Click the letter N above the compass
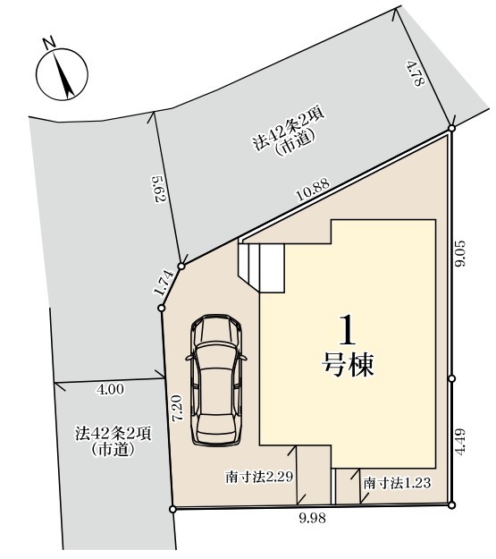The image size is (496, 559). click(49, 43)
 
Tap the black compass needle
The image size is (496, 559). click(63, 74)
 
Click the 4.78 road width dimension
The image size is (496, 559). click(416, 73)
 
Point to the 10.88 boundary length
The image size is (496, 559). click(313, 191)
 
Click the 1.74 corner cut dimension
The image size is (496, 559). click(164, 284)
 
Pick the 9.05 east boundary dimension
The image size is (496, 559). click(460, 253)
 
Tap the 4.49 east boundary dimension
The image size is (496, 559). click(460, 441)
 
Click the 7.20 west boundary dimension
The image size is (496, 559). click(178, 408)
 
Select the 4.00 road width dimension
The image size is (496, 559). click(111, 389)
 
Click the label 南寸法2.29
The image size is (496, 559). click(259, 477)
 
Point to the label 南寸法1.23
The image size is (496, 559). click(397, 483)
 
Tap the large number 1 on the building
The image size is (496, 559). click(348, 330)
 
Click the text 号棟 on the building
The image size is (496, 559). click(348, 365)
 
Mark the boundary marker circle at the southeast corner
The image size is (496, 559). click(451, 504)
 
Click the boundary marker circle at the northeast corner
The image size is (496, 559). click(451, 128)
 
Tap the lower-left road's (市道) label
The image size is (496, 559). click(113, 450)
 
